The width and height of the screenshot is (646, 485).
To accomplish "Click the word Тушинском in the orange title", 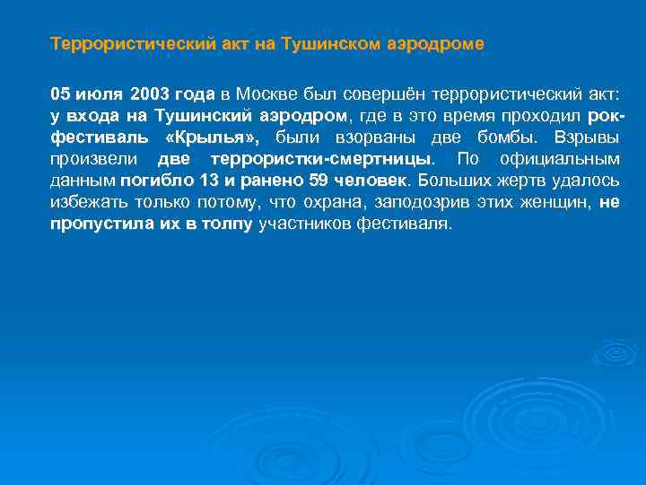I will click(x=328, y=43).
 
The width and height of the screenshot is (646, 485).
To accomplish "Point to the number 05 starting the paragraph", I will click(x=60, y=94).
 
